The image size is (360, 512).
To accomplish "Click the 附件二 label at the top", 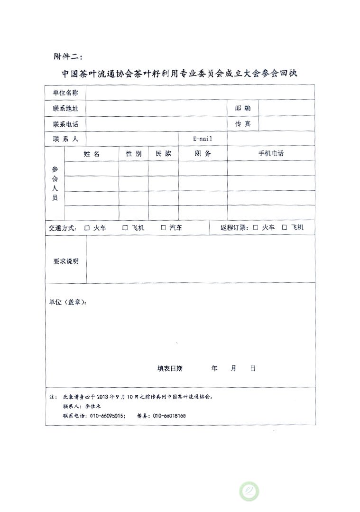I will tap(68, 56).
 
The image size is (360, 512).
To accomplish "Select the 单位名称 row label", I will tap(65, 92).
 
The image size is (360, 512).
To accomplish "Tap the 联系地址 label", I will tap(65, 108).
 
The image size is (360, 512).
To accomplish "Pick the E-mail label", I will tap(203, 139).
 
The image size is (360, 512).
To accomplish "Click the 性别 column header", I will tap(133, 154).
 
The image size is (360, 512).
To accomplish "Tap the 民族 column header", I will tap(163, 154).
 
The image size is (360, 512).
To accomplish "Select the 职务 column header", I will tap(203, 154).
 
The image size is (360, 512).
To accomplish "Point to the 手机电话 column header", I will tap(271, 154).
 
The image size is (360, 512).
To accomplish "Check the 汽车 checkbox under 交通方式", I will tap(163, 228).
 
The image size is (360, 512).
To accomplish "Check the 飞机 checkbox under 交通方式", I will tap(125, 228).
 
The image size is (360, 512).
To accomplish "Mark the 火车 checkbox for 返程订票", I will tap(255, 228).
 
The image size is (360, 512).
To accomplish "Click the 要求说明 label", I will tap(65, 261).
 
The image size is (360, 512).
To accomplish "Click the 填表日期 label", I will tap(170, 368).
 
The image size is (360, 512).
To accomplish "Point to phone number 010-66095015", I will tap(108, 416).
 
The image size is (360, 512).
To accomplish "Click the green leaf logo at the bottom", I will tap(249, 491).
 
